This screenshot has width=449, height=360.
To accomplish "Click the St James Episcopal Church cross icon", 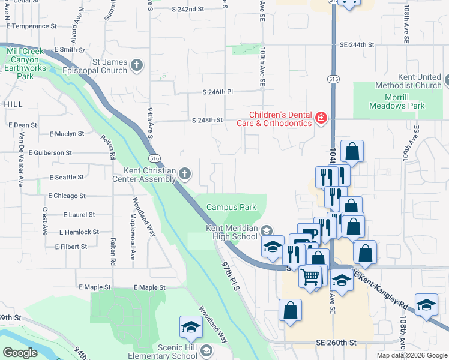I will point(137,66).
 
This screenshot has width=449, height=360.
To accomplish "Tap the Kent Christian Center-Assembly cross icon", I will point(185,175).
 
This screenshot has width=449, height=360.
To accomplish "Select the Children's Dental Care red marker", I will point(321,118).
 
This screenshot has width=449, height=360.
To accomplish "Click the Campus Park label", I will point(232,207).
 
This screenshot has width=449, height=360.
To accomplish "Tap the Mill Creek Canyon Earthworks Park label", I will point(25,64).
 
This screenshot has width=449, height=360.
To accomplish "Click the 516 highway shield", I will point(155,157).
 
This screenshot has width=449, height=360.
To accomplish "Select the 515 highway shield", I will point(333,79).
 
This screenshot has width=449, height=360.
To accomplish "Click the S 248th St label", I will point(208,120).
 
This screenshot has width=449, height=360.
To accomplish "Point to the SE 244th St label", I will point(357,44).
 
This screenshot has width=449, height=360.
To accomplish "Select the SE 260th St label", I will point(336,343).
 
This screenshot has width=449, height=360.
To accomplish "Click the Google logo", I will point(20,353).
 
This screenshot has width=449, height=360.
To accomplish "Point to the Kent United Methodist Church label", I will point(408,81).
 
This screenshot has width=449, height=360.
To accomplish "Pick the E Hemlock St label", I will point(79,232).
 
